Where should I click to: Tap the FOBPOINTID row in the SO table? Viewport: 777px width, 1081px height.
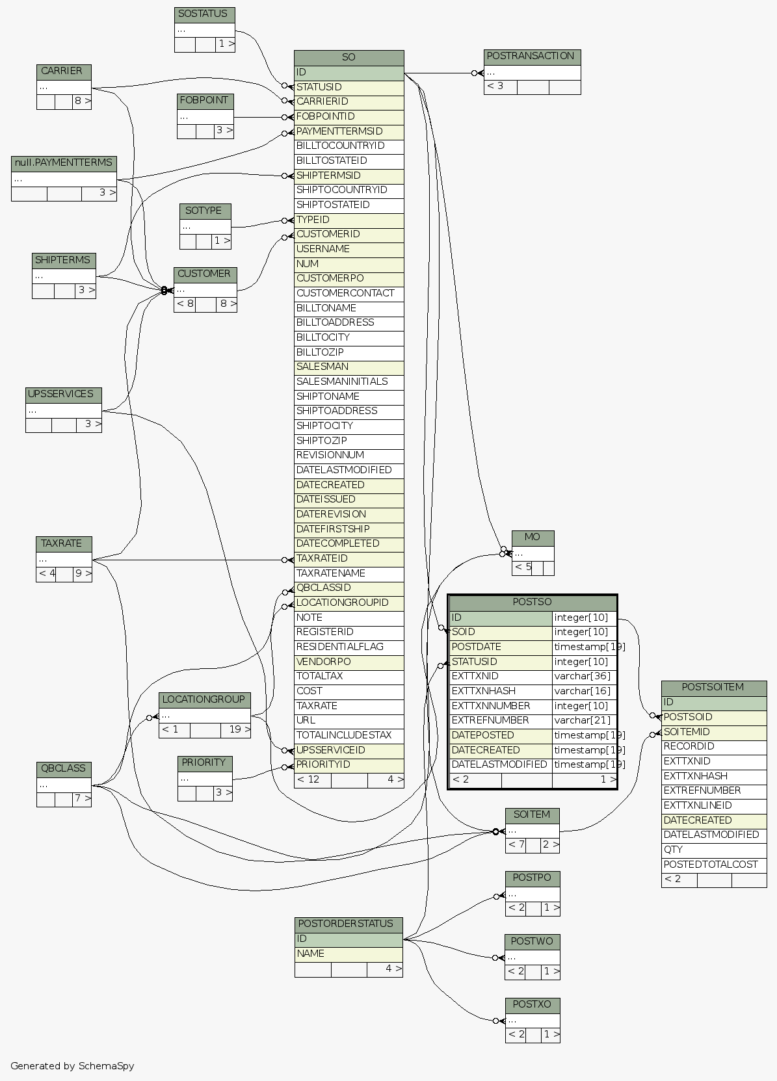349,117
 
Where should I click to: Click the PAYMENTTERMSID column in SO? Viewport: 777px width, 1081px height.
349,131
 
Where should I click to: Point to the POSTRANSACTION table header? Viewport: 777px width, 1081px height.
532,57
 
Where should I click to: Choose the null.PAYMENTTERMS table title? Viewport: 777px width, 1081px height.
64,163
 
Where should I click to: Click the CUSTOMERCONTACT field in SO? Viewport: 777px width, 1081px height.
349,293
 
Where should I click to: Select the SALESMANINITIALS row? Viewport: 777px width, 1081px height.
349,382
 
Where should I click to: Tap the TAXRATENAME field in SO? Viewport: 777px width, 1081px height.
349,573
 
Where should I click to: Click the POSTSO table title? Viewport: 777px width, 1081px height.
532,603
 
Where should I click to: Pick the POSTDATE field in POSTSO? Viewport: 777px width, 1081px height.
500,647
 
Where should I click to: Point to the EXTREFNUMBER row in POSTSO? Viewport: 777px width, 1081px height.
500,721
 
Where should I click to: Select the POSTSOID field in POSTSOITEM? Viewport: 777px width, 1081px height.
713,717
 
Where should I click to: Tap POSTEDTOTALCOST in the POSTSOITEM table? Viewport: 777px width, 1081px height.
713,865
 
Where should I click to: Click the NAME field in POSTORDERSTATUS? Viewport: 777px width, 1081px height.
349,954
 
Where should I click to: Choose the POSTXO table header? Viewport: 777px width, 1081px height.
532,1005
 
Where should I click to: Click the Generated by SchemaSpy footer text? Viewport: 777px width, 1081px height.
72,1066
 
